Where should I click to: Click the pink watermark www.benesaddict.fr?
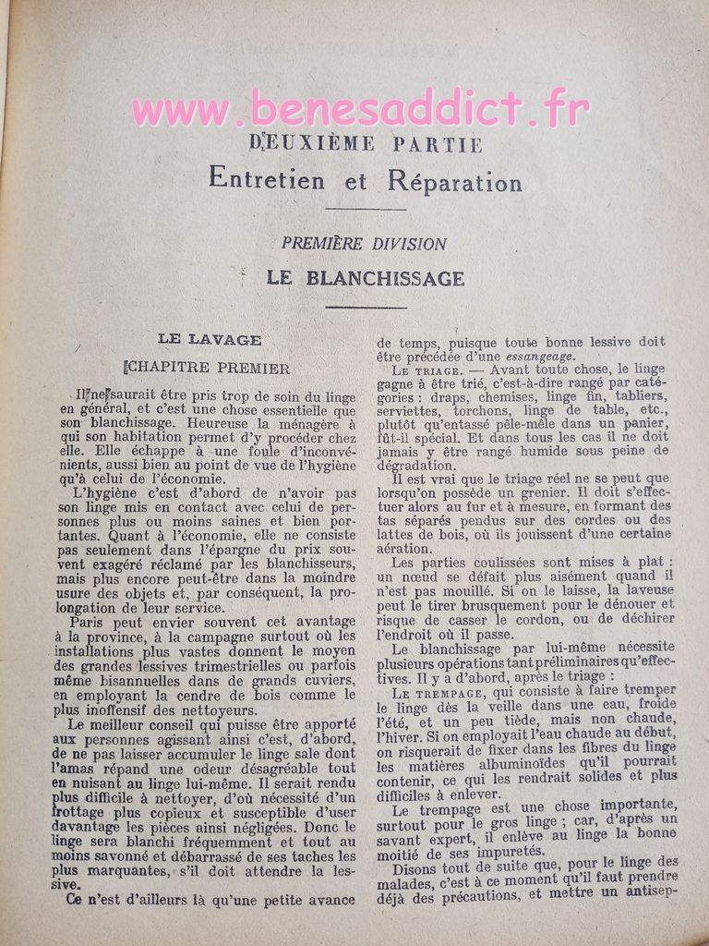click(x=360, y=110)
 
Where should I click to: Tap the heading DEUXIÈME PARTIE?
click(x=366, y=144)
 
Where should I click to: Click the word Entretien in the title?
click(x=267, y=179)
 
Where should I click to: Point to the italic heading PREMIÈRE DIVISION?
click(x=364, y=244)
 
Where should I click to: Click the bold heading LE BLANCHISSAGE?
click(x=366, y=277)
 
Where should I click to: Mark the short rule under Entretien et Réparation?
click(x=366, y=209)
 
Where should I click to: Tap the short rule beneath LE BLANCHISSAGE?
click(x=366, y=307)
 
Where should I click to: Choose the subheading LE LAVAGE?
click(x=209, y=339)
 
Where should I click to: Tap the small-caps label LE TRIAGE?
click(x=423, y=371)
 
